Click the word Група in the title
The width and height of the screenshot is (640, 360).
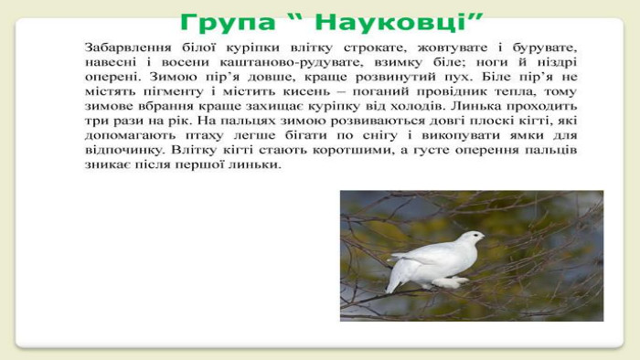[229, 22]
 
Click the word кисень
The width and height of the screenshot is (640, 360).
[306, 91]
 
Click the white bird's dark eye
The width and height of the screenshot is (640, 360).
[475, 235]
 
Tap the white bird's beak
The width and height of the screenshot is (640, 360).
[483, 237]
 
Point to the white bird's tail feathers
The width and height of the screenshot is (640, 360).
[394, 277]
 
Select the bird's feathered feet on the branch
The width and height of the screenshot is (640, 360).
[450, 281]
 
